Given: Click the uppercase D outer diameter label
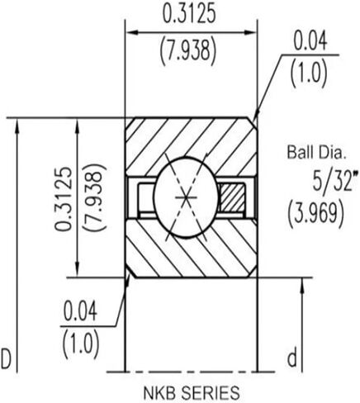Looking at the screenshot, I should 7,358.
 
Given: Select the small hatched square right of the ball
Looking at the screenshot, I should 232,199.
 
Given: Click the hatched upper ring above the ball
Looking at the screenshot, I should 191,140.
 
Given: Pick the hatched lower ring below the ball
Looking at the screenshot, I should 191,252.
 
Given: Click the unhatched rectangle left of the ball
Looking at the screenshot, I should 146,199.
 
